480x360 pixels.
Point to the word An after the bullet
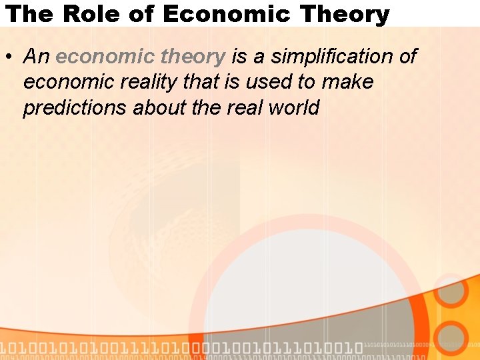coord(37,57)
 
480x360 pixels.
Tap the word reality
coord(142,83)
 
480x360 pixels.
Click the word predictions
coord(75,108)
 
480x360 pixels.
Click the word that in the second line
coord(191,83)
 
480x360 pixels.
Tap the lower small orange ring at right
coord(452,337)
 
